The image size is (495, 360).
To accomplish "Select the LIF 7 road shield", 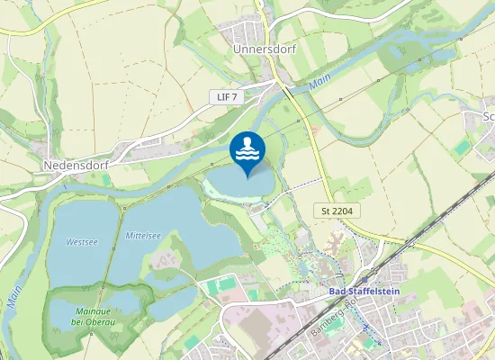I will click(x=228, y=96).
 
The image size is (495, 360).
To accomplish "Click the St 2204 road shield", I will click(x=337, y=210).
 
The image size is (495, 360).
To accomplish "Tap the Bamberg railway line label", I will click(x=348, y=315).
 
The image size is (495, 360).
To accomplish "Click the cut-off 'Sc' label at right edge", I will click(x=489, y=115).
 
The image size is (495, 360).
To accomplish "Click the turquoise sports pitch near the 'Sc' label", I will click(x=463, y=147).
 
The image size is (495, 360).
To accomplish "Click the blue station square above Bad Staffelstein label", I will click(x=363, y=280).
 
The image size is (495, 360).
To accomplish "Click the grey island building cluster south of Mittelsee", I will click(x=165, y=262).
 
